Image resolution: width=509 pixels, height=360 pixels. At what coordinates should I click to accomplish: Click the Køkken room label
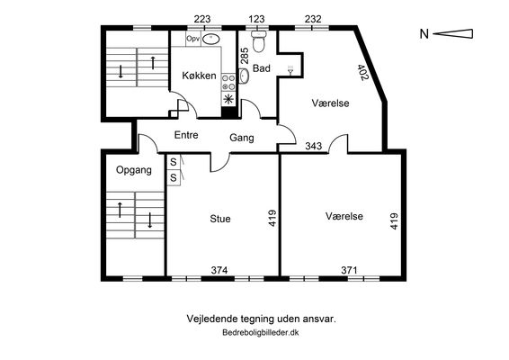[199, 76]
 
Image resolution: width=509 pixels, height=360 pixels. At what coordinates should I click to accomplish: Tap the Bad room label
[262, 68]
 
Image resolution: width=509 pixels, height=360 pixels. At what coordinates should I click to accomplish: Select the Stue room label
[220, 219]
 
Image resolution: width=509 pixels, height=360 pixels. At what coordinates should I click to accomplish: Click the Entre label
[186, 135]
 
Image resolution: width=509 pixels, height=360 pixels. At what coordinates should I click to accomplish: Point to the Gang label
[242, 138]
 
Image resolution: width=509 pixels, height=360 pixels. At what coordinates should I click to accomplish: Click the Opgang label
[134, 170]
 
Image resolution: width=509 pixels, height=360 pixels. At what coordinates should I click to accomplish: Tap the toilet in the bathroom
[259, 41]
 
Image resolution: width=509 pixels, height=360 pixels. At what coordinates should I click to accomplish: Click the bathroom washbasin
[244, 76]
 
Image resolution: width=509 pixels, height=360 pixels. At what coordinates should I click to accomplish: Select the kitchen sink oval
[211, 39]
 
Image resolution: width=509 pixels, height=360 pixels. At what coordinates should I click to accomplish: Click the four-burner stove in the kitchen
[228, 83]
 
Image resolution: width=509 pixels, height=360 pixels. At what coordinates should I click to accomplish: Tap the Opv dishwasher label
[193, 39]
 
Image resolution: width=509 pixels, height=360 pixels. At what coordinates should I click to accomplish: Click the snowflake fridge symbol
[228, 99]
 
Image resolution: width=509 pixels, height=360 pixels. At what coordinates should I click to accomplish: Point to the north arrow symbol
[453, 34]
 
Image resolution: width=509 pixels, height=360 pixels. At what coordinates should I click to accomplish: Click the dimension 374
[219, 270]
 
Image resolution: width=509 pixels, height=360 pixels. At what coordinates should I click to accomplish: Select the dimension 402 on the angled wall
[363, 72]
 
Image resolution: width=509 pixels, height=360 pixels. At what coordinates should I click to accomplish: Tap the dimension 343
[314, 146]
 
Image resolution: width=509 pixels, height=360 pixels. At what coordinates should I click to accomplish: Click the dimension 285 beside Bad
[245, 56]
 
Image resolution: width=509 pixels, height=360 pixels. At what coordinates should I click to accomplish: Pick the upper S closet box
[174, 161]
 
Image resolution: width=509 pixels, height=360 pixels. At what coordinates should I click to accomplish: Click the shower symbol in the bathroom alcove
[290, 69]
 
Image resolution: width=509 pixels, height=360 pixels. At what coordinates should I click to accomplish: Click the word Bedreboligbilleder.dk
[260, 333]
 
